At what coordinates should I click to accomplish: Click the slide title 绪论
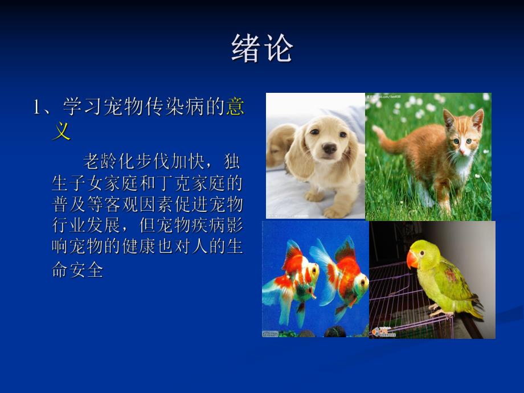pyautogui.click(x=262, y=48)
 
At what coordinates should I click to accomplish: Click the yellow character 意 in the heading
pyautogui.click(x=235, y=107)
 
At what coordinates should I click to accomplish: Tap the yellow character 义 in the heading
pyautogui.click(x=62, y=132)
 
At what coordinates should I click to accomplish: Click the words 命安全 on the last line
pyautogui.click(x=77, y=270)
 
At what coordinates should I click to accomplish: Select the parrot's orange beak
pyautogui.click(x=413, y=260)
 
